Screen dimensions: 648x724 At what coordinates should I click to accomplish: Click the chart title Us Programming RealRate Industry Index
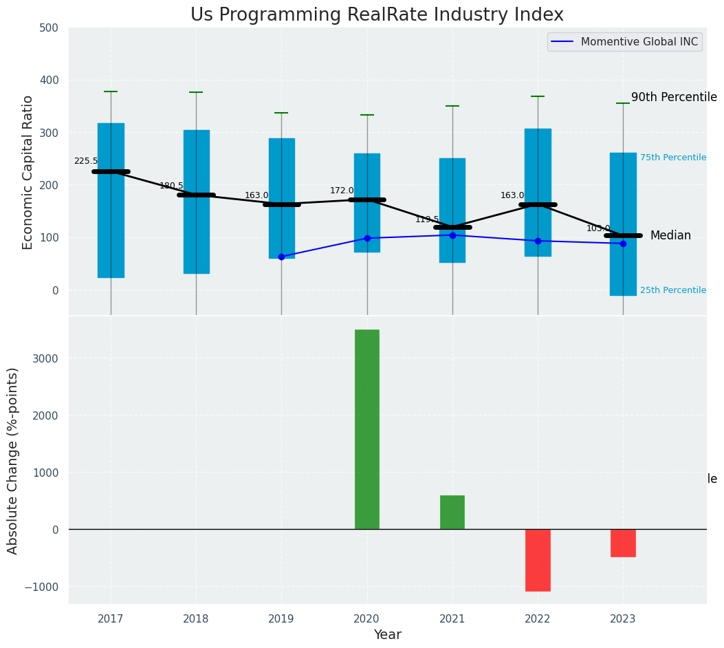(377, 15)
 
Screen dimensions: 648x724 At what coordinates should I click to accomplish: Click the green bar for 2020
(367, 429)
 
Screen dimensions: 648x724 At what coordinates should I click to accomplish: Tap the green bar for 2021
(452, 512)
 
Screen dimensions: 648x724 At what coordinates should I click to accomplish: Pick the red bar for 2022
(538, 560)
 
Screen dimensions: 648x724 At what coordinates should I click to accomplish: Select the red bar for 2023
(623, 543)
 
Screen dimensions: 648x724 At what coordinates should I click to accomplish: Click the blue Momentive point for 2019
(281, 257)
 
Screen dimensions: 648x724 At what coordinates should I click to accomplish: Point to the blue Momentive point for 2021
(452, 235)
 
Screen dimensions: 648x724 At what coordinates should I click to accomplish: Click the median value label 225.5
(86, 161)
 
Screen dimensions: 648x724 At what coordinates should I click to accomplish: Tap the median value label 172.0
(342, 191)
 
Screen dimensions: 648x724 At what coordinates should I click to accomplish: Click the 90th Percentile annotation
(674, 98)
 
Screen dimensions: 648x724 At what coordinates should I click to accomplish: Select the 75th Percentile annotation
(672, 158)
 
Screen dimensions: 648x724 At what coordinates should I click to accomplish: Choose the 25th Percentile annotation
(672, 290)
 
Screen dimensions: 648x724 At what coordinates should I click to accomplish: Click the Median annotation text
(670, 236)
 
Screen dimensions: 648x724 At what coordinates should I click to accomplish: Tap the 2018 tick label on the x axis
(196, 619)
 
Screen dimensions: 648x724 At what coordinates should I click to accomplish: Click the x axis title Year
(387, 635)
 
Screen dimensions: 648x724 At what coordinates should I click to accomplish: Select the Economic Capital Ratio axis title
(28, 172)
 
